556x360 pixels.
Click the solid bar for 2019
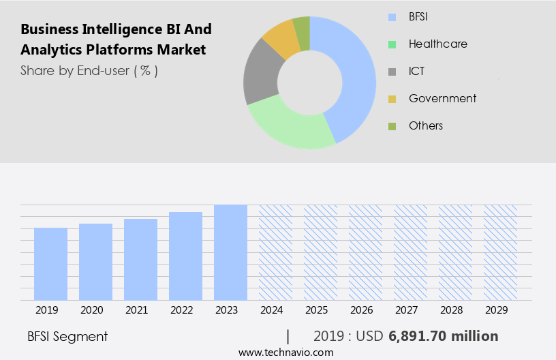pyautogui.click(x=51, y=264)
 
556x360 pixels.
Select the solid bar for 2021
pyautogui.click(x=141, y=259)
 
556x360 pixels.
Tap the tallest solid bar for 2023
pyautogui.click(x=230, y=252)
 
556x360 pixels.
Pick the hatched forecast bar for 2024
pyautogui.click(x=275, y=252)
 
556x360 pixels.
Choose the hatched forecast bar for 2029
pyautogui.click(x=500, y=252)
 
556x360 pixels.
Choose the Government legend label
pyautogui.click(x=442, y=98)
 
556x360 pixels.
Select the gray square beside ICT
pyautogui.click(x=392, y=72)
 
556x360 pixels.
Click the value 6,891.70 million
pyautogui.click(x=444, y=336)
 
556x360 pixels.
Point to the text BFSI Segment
pyautogui.click(x=67, y=336)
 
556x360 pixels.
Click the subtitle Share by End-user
pyautogui.click(x=89, y=70)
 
